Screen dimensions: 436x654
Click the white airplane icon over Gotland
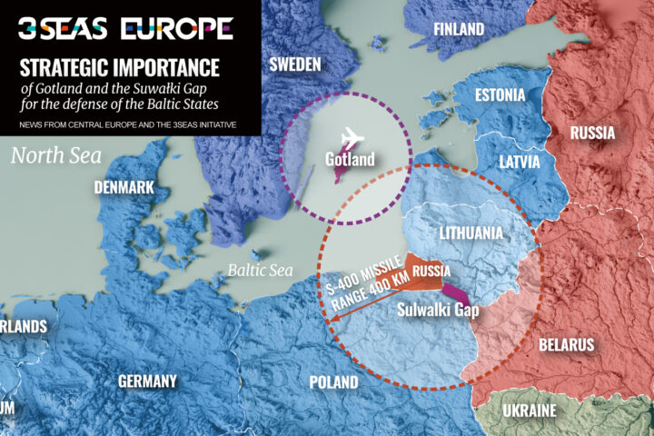coord(349,141)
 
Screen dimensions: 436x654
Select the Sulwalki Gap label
coord(439,309)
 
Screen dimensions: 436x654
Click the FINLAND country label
coord(459,30)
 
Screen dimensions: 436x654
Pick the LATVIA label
coord(520,162)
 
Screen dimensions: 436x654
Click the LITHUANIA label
coord(471,233)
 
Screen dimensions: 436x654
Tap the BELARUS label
coord(566,344)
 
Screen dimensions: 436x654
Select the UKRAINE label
coord(530,411)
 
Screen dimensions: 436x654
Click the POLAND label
coord(333,382)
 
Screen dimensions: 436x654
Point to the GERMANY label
coord(147,381)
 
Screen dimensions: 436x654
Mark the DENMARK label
coord(124,188)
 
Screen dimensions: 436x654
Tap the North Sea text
coord(56,155)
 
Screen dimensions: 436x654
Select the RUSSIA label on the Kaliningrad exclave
coord(431,271)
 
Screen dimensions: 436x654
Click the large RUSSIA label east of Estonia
coord(592,134)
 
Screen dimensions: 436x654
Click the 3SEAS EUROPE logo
coord(125,28)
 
